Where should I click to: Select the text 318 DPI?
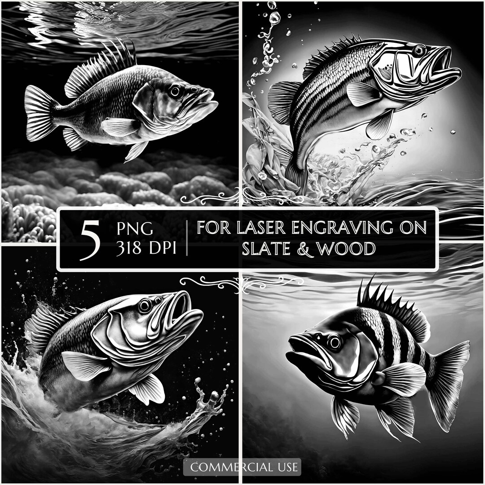click(146, 249)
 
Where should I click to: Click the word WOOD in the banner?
click(350, 248)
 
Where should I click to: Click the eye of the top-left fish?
click(174, 90)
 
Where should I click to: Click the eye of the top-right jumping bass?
click(419, 50)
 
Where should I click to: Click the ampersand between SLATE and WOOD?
click(309, 248)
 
